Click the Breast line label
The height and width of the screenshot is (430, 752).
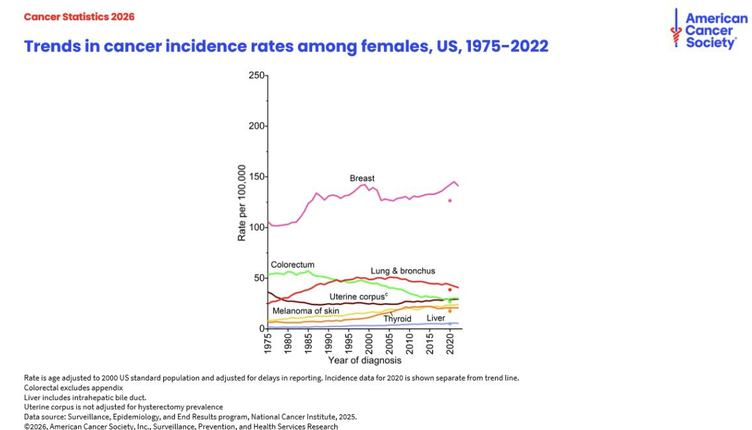click(x=362, y=178)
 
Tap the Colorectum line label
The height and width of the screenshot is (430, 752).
click(x=292, y=265)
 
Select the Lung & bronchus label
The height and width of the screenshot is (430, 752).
click(x=403, y=271)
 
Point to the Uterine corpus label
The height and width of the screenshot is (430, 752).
click(x=358, y=297)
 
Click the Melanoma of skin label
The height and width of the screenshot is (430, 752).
click(x=305, y=311)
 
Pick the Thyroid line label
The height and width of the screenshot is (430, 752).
click(x=397, y=319)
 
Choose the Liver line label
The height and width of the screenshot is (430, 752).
click(x=436, y=318)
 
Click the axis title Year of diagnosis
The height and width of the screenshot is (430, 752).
click(x=364, y=360)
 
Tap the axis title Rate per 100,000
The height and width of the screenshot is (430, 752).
click(x=242, y=203)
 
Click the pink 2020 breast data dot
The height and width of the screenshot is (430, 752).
click(x=450, y=200)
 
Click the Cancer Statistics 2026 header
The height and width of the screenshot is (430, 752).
click(x=79, y=17)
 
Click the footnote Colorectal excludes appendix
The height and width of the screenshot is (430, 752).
click(x=74, y=388)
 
